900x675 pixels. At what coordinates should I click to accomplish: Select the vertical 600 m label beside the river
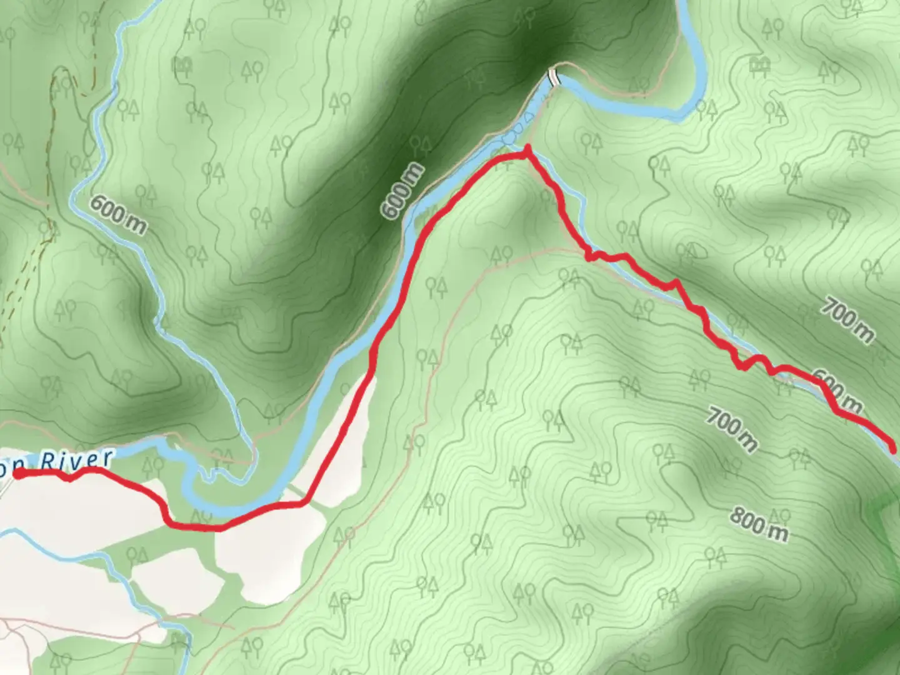(x=402, y=191)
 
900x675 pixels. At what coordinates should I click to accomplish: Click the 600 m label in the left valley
(x=118, y=214)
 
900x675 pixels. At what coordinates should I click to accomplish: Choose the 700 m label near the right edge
(x=847, y=320)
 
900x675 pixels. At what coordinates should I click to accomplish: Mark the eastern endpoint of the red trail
(x=893, y=449)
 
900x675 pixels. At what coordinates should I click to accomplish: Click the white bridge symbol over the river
(x=553, y=77)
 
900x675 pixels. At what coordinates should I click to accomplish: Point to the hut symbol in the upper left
(x=183, y=64)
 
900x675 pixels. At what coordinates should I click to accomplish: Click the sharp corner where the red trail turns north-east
(x=305, y=501)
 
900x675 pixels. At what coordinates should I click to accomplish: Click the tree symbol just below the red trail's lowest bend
(x=200, y=516)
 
